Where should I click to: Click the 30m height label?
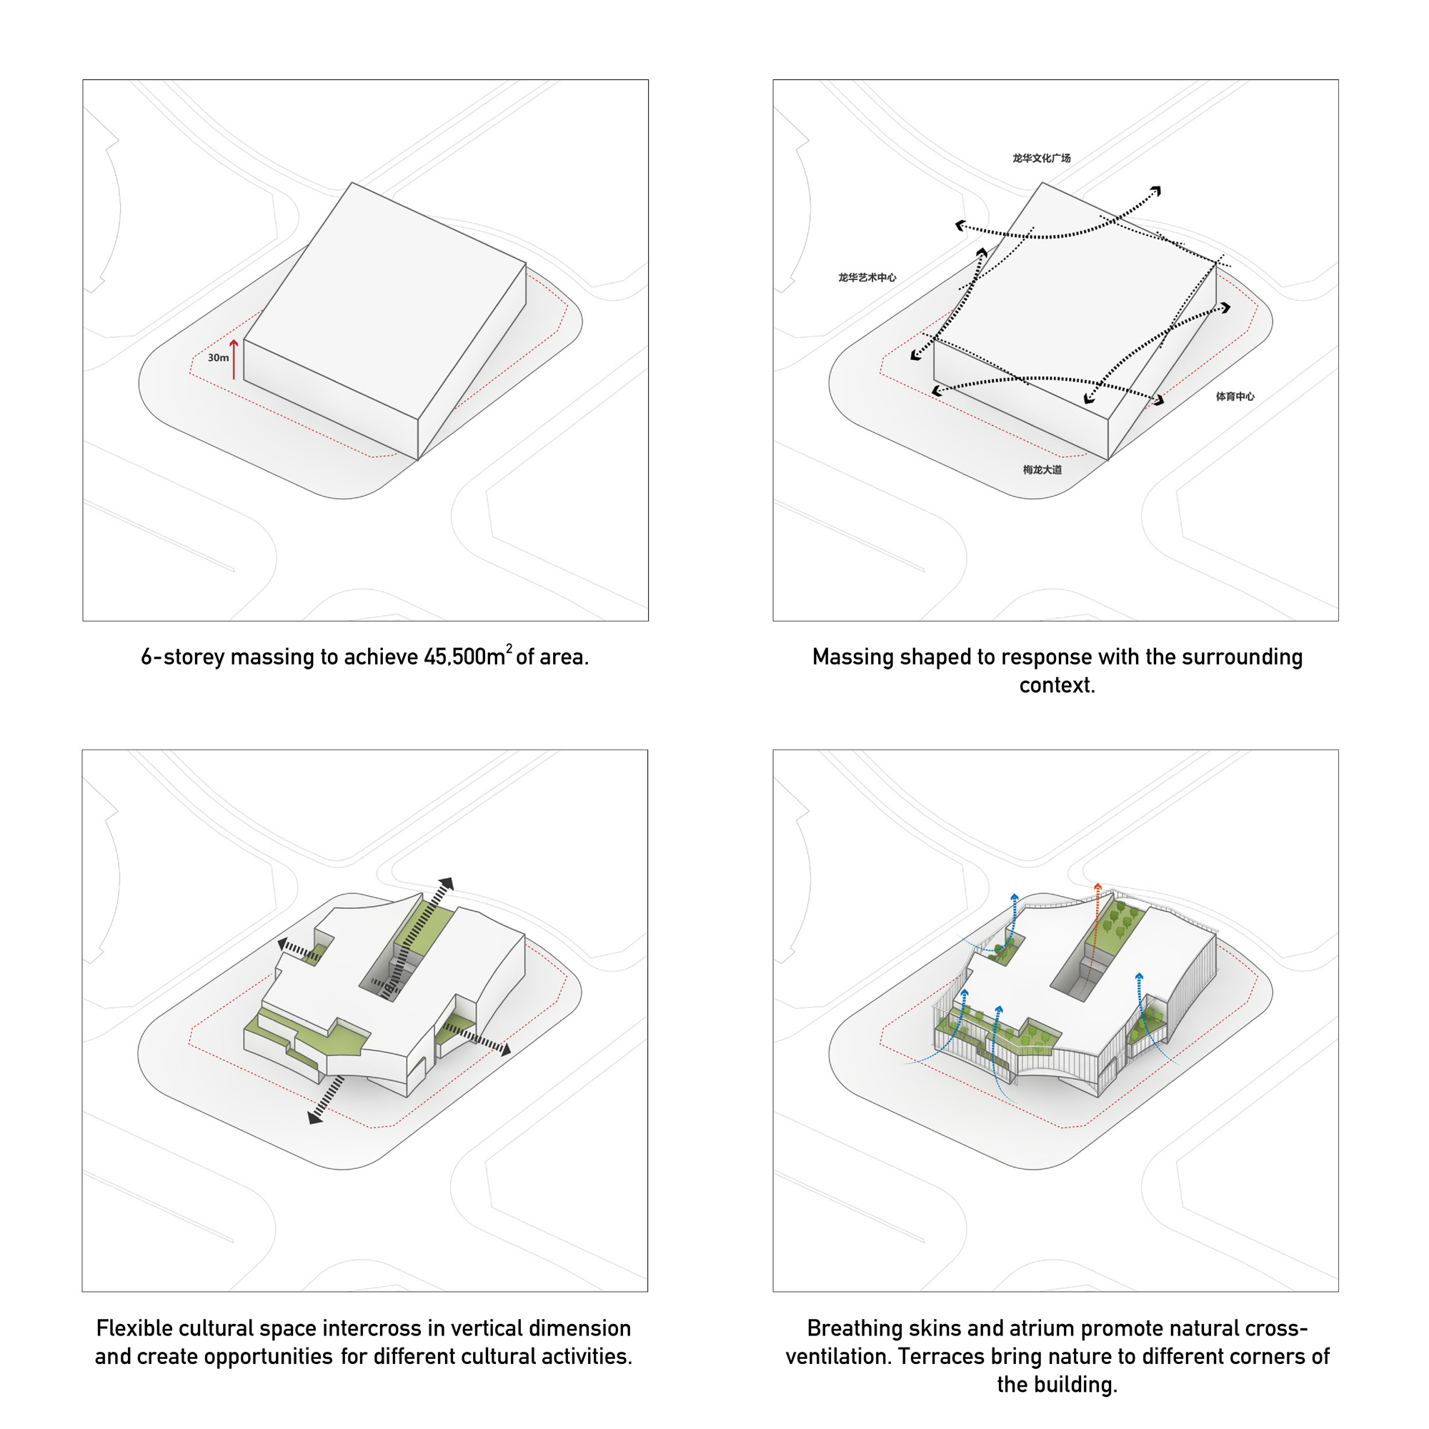[x=218, y=358]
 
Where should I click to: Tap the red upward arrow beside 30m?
[x=234, y=359]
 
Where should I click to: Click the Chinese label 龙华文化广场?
[x=1042, y=159]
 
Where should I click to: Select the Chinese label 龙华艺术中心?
[x=867, y=277]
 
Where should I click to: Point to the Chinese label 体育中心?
[x=1235, y=397]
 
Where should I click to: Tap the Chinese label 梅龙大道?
[x=1042, y=469]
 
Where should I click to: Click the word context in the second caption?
[x=1057, y=686]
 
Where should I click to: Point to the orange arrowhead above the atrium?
[x=1098, y=887]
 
